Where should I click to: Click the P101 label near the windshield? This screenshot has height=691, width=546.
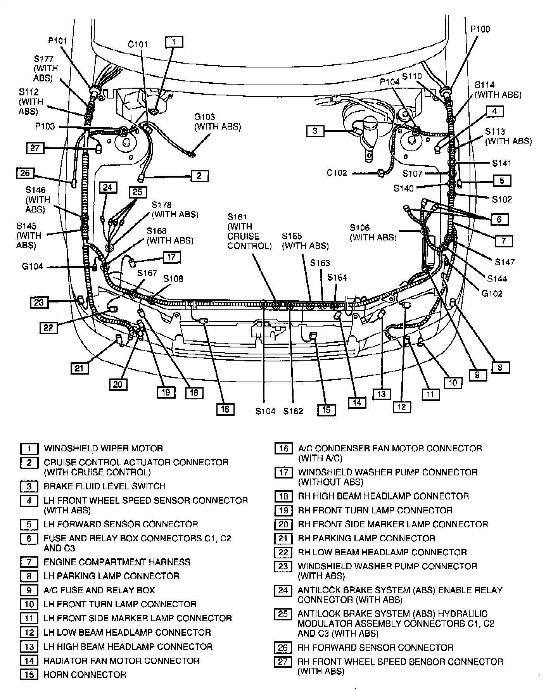pyautogui.click(x=57, y=41)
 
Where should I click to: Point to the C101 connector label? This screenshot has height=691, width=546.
pyautogui.click(x=138, y=44)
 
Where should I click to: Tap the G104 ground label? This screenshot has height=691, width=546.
pyautogui.click(x=33, y=266)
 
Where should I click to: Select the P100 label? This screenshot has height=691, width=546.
pyautogui.click(x=480, y=29)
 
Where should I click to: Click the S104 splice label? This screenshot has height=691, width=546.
pyautogui.click(x=265, y=411)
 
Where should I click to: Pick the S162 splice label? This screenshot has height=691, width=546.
pyautogui.click(x=293, y=411)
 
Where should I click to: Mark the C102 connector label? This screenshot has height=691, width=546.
pyautogui.click(x=337, y=173)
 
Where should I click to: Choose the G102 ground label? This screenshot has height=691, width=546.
pyautogui.click(x=492, y=293)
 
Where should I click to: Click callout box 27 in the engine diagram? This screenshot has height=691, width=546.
pyautogui.click(x=35, y=148)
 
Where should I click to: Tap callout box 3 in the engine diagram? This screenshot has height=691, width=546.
pyautogui.click(x=314, y=131)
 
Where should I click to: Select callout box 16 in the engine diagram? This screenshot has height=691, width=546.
pyautogui.click(x=225, y=409)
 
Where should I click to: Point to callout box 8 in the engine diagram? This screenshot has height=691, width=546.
pyautogui.click(x=499, y=367)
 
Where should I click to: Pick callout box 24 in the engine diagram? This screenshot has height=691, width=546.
pyautogui.click(x=107, y=188)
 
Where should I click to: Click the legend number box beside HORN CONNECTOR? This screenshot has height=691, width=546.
pyautogui.click(x=29, y=674)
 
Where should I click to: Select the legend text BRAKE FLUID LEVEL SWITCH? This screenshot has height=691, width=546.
pyautogui.click(x=104, y=486)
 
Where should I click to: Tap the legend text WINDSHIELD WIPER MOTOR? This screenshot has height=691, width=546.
pyautogui.click(x=103, y=449)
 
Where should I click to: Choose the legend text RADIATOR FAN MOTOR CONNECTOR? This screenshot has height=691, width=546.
pyautogui.click(x=121, y=660)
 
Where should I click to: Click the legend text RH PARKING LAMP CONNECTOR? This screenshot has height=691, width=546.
pyautogui.click(x=366, y=538)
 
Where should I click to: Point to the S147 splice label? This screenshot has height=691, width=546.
pyautogui.click(x=505, y=262)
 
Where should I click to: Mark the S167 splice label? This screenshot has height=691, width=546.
pyautogui.click(x=147, y=273)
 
